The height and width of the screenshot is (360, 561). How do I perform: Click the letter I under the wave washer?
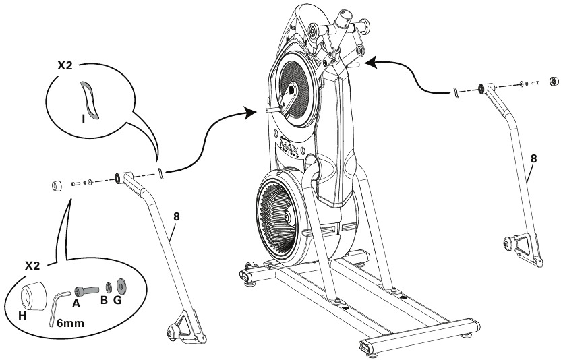82,117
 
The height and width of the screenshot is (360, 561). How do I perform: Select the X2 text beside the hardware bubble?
34,266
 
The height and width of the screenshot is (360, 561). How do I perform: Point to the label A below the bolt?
76,304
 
